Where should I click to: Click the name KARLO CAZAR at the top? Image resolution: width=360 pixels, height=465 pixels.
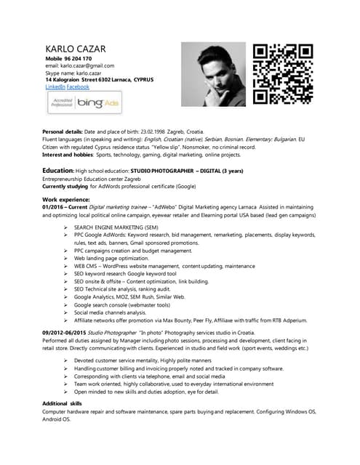point(76,49)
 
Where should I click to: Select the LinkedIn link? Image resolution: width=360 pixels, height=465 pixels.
point(55,86)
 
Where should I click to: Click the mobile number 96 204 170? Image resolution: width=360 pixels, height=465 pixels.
point(79,58)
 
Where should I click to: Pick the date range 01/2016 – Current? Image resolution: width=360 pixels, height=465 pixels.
point(66,206)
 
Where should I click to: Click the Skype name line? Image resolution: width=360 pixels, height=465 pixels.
point(73,73)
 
